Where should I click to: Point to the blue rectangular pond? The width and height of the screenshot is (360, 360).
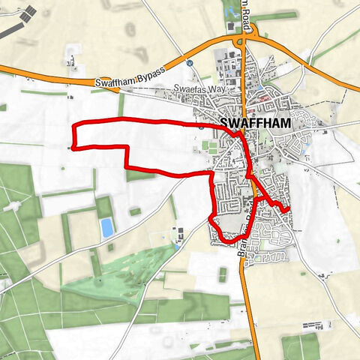point(107,227)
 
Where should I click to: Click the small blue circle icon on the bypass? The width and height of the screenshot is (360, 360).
point(190,64)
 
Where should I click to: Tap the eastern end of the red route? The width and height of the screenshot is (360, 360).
point(288,208)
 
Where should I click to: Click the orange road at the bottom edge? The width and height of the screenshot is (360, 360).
point(256,352)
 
